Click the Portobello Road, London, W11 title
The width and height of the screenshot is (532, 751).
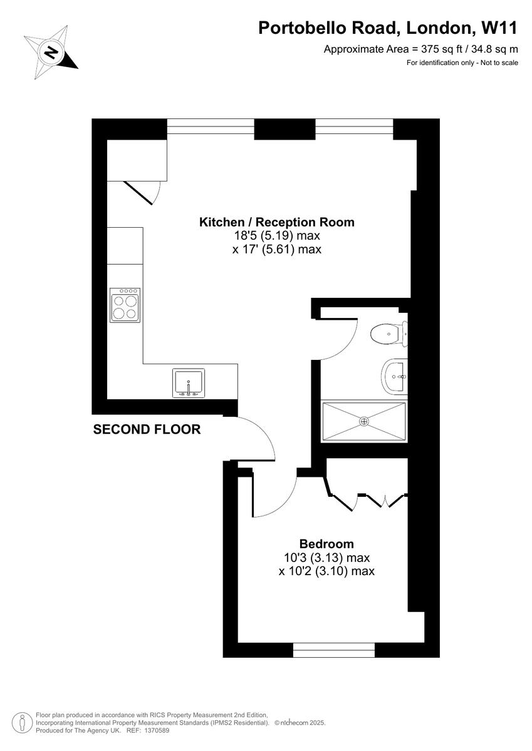coord(389,28)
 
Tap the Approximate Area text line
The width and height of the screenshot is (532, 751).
coord(420,49)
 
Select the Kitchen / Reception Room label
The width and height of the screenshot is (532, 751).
coord(276,222)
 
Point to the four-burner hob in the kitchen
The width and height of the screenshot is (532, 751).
coord(125,305)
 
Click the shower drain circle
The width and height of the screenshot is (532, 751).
coord(364,422)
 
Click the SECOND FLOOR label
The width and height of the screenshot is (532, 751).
coord(147,429)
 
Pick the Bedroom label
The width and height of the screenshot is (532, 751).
coord(326,544)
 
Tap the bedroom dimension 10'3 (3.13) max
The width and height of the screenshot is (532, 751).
coord(326,558)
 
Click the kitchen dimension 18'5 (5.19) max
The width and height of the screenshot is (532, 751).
coord(277,236)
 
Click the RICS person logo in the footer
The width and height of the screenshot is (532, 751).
coord(22,722)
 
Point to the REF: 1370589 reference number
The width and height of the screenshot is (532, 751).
coord(147,730)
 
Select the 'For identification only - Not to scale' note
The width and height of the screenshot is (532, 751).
coord(462,63)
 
